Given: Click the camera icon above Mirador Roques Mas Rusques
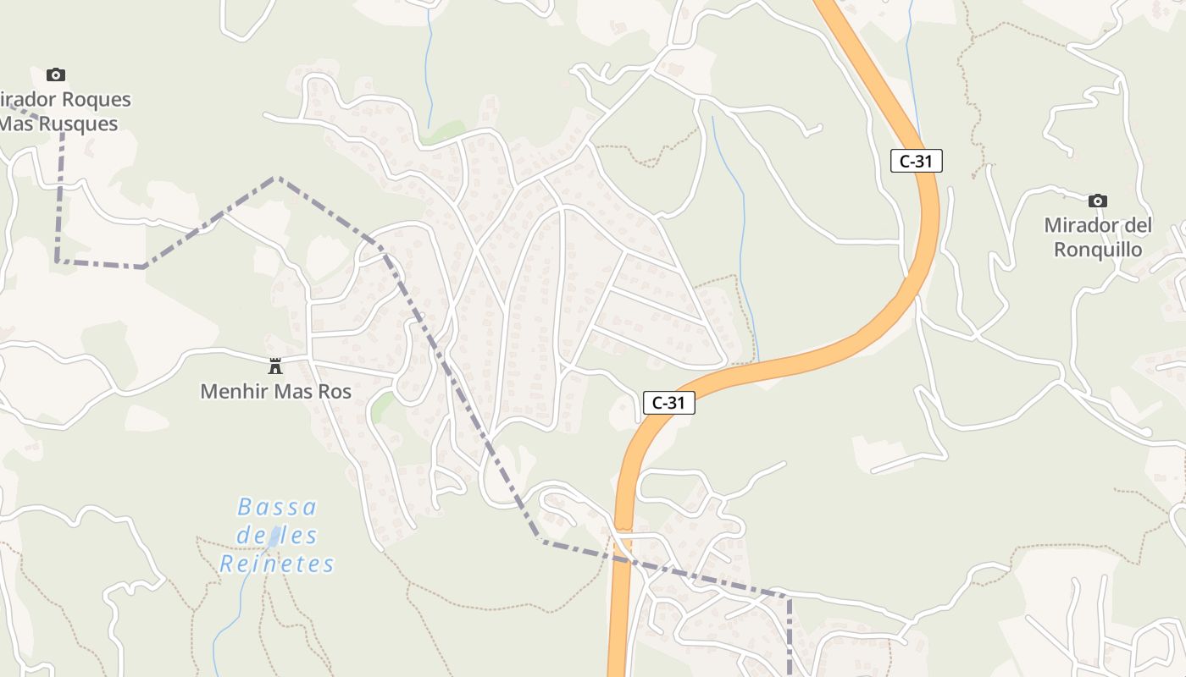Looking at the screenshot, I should pyautogui.click(x=56, y=75).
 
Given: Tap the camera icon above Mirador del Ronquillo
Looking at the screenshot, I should pyautogui.click(x=1098, y=201).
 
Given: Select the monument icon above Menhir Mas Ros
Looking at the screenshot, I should pyautogui.click(x=275, y=366).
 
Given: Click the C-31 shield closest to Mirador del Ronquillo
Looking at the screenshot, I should pyautogui.click(x=916, y=161).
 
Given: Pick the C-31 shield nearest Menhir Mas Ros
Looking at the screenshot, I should pyautogui.click(x=668, y=403).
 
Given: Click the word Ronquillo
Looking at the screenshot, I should pyautogui.click(x=1097, y=250).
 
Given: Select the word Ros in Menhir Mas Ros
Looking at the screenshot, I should pyautogui.click(x=333, y=392).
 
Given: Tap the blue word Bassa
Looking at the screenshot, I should pyautogui.click(x=277, y=508).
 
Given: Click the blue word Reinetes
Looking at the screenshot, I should pyautogui.click(x=277, y=564).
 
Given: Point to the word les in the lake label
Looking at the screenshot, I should pyautogui.click(x=294, y=536).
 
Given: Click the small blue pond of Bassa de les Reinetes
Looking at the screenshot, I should pyautogui.click(x=274, y=537).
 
